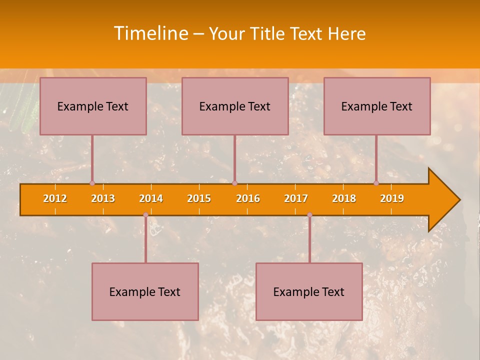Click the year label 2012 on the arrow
[x=55, y=198]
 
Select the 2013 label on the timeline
[x=103, y=198]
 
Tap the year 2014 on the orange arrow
[x=151, y=198]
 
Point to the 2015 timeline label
[x=199, y=198]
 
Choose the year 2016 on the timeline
[x=248, y=198]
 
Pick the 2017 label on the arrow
[x=296, y=198]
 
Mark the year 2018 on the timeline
[x=344, y=198]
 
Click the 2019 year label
[x=392, y=198]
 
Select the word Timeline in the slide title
[x=150, y=33]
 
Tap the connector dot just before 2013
[x=92, y=183]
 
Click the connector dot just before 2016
[x=235, y=183]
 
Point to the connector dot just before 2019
[x=376, y=183]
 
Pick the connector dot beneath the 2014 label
[x=145, y=215]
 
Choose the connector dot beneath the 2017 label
[x=309, y=215]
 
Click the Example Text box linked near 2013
[x=93, y=106]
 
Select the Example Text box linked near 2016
[x=235, y=106]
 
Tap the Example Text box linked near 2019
[x=377, y=106]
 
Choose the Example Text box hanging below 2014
[x=145, y=291]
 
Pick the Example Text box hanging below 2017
[x=309, y=291]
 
